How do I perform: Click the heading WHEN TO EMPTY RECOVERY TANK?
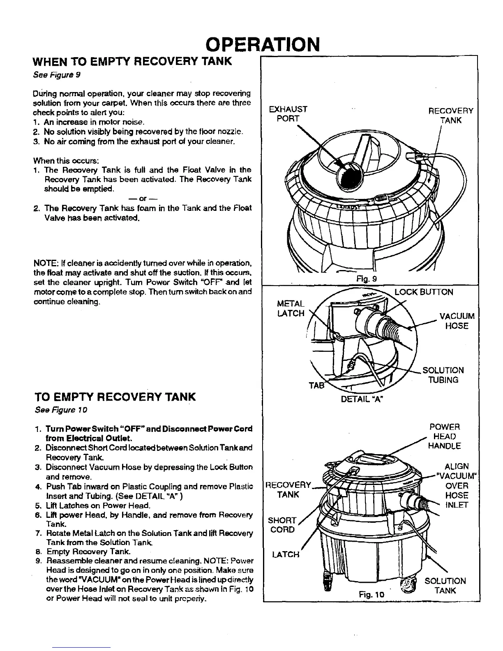click(132, 62)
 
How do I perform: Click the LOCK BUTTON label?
click(423, 292)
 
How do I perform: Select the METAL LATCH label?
click(291, 308)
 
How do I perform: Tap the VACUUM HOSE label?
click(457, 321)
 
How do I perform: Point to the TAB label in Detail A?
click(316, 386)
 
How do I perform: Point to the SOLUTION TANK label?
click(445, 586)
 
